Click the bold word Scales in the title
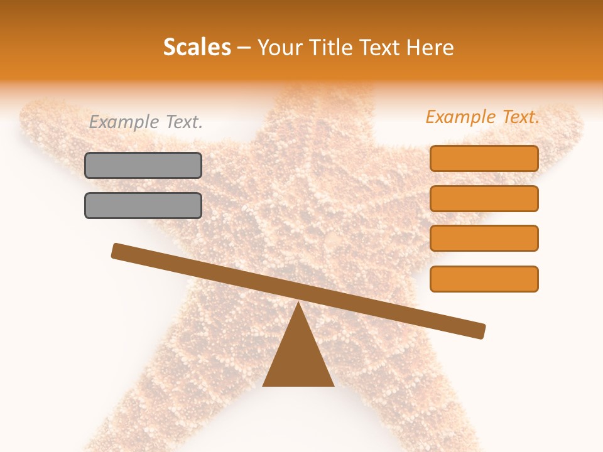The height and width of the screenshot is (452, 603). pos(197,48)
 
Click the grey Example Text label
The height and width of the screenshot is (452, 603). pos(146,122)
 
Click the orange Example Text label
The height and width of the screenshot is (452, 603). pos(482,117)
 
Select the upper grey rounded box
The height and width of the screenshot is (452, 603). pos(143,165)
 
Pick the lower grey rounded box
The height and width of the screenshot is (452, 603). pos(143,205)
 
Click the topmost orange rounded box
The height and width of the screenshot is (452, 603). pos(484,158)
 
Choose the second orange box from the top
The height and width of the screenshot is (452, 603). pos(484,198)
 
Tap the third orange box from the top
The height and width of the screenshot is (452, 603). pos(484,238)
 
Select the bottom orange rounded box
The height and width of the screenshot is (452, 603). pos(484,279)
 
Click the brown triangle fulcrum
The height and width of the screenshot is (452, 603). pos(298,358)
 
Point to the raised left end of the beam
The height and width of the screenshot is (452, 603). pos(117,250)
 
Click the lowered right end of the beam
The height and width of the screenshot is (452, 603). pos(480,330)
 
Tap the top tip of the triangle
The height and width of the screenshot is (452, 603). pos(298,303)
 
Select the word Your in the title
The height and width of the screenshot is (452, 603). pos(278,48)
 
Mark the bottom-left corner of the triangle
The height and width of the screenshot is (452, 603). pos(264,385)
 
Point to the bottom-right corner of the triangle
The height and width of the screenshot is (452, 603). pos(333,385)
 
